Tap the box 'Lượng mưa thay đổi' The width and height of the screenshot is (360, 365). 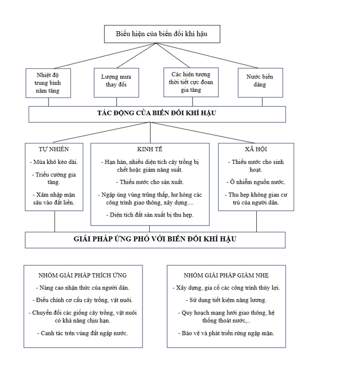(116, 83)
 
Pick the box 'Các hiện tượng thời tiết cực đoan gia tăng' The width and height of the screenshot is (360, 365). (191, 82)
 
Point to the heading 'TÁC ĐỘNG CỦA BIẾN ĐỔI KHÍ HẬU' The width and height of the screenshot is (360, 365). (157, 113)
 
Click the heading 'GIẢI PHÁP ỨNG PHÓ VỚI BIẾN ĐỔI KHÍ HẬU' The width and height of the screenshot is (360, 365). (155, 239)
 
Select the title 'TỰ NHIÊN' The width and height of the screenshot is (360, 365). (54, 149)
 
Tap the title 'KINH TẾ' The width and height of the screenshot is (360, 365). (150, 149)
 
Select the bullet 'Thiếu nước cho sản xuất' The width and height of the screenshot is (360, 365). (150, 182)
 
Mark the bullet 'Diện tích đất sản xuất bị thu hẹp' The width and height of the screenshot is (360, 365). (151, 215)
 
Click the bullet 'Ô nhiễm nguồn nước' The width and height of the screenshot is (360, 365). (256, 182)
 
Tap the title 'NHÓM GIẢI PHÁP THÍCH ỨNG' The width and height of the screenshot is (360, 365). (83, 275)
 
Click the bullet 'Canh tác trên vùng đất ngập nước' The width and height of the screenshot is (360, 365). (83, 333)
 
